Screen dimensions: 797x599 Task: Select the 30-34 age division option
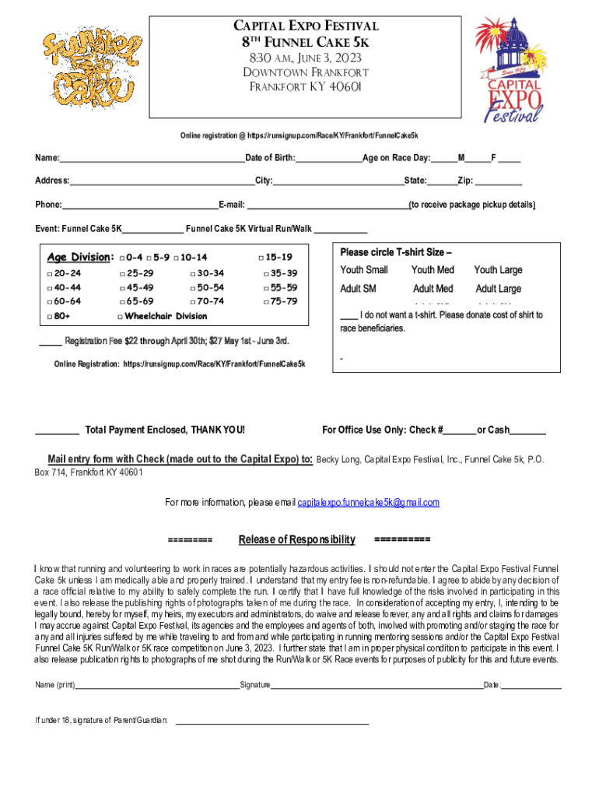coord(207,273)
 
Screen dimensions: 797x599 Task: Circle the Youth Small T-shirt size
coord(364,270)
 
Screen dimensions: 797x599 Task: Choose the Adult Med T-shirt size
coord(433,289)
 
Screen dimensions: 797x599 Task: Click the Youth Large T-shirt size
coord(498,270)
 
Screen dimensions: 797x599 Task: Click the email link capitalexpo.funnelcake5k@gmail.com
coord(369,503)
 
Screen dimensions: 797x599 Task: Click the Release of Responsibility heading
coord(296,540)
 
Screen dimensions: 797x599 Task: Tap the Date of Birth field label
coord(270,159)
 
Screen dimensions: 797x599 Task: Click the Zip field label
coord(465,181)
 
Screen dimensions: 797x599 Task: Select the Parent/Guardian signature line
coord(272,723)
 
